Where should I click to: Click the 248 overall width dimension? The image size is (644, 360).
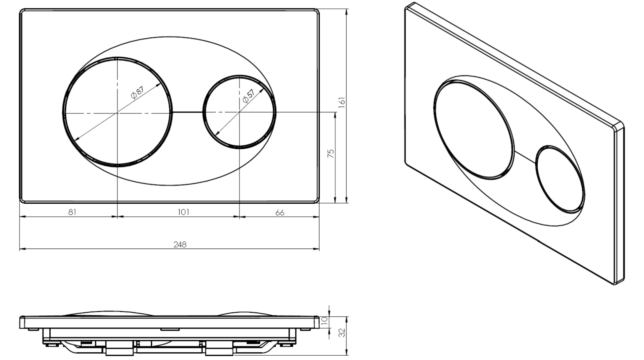pyautogui.click(x=180, y=245)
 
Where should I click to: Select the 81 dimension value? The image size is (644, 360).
pyautogui.click(x=72, y=212)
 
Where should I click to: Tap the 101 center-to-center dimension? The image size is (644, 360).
pyautogui.click(x=183, y=212)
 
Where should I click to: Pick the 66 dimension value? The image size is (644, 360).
pyautogui.click(x=280, y=212)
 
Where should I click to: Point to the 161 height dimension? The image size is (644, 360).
pyautogui.click(x=341, y=102)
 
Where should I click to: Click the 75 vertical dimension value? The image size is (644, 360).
pyautogui.click(x=331, y=154)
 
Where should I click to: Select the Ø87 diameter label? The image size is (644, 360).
pyautogui.click(x=137, y=93)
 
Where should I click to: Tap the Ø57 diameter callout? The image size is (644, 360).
pyautogui.click(x=248, y=96)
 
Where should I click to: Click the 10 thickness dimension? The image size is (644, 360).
pyautogui.click(x=324, y=320)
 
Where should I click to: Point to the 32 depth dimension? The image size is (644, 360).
pyautogui.click(x=342, y=333)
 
